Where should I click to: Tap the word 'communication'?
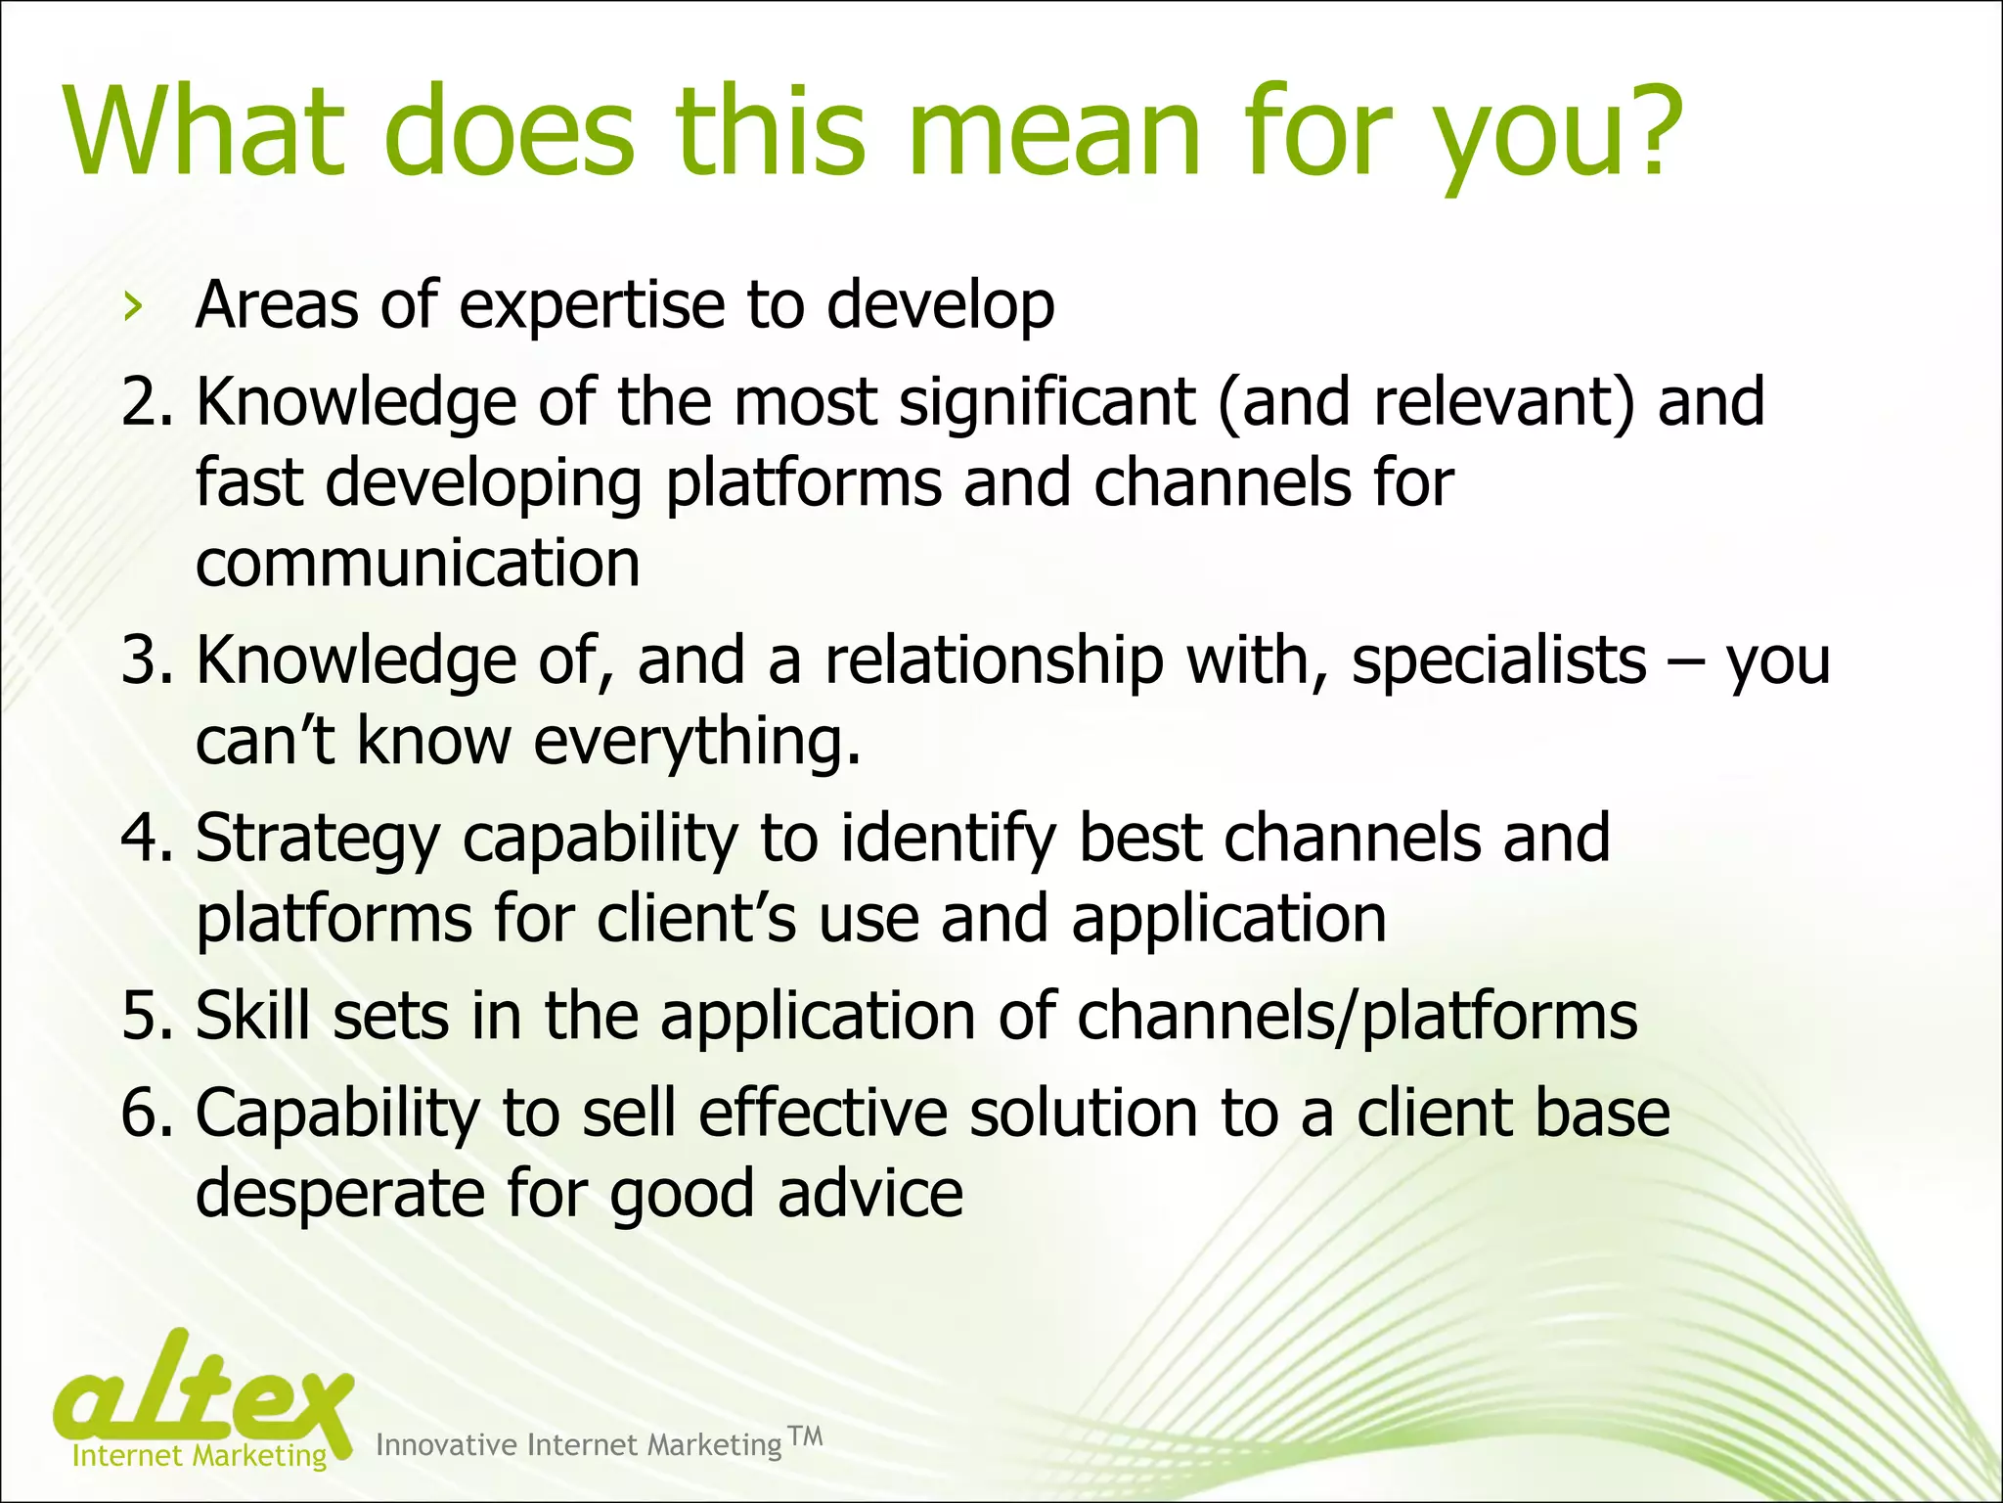point(418,564)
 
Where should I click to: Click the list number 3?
point(146,660)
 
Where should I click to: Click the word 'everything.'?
point(697,742)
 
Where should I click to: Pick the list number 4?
point(146,839)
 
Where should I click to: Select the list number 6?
point(146,1115)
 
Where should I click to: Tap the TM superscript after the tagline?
point(805,1436)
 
